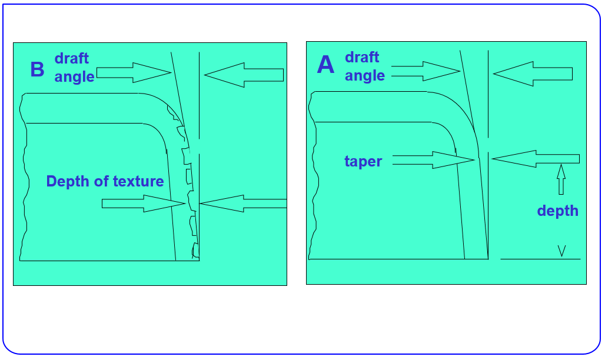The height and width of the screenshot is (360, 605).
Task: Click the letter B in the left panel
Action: (x=37, y=69)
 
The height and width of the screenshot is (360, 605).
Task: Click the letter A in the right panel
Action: (x=325, y=65)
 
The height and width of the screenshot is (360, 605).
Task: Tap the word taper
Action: (x=363, y=162)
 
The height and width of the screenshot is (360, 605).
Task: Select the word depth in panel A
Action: (x=557, y=211)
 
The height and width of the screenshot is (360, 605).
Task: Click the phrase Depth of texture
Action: (x=105, y=181)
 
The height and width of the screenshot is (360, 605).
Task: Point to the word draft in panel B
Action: (x=72, y=58)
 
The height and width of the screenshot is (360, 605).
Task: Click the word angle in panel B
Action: (x=74, y=76)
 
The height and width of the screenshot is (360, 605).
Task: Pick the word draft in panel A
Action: (x=362, y=58)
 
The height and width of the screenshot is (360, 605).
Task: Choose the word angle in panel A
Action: (x=365, y=76)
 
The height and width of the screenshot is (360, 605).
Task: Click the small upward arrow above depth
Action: (x=561, y=179)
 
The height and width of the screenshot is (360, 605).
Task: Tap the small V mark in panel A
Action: (x=561, y=251)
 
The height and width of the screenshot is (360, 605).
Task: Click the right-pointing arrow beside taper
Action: (x=433, y=159)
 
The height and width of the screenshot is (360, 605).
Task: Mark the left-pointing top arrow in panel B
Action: (x=244, y=75)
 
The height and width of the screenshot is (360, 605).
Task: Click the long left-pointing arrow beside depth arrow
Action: (x=535, y=158)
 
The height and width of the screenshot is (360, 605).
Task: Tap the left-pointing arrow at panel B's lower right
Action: (x=242, y=204)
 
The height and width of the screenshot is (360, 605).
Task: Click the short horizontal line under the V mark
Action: (x=540, y=259)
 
